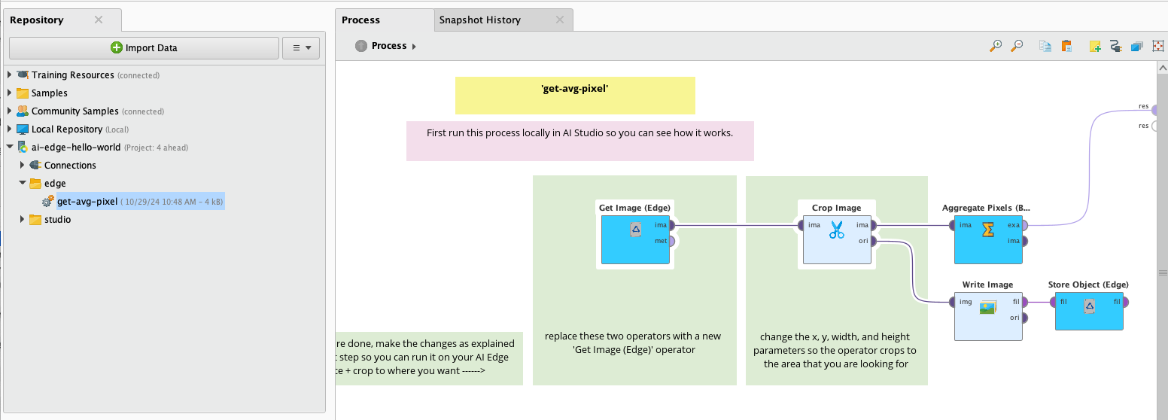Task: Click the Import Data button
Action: tap(144, 48)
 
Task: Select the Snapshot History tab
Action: tap(479, 20)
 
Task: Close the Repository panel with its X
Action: tap(99, 20)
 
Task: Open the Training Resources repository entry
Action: tap(72, 75)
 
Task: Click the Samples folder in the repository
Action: tap(49, 93)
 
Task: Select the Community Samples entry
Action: tap(75, 111)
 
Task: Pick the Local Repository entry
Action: tap(66, 129)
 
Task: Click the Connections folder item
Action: tap(70, 166)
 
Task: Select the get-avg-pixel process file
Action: tap(87, 202)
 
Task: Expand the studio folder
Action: tap(22, 220)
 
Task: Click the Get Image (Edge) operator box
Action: tap(634, 239)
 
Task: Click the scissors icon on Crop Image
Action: tap(837, 230)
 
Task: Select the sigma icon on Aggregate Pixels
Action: tap(988, 230)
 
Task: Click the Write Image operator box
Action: tap(987, 316)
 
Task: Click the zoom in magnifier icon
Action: tap(996, 46)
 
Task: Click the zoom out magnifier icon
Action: tap(1017, 46)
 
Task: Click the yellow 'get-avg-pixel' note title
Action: tap(574, 89)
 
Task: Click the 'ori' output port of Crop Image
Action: tap(874, 241)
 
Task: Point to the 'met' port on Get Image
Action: tap(671, 241)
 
